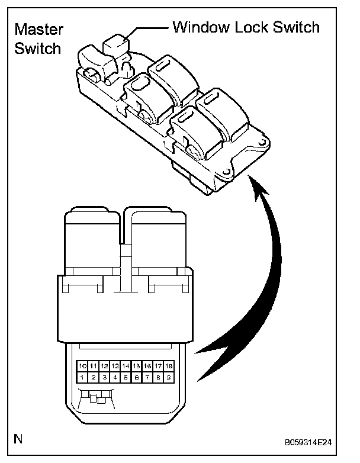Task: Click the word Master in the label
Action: [x=38, y=30]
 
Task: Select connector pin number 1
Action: [x=82, y=377]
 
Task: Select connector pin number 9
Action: [x=169, y=377]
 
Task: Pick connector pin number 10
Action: [x=82, y=366]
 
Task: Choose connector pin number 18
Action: [x=169, y=366]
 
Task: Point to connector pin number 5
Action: [x=126, y=377]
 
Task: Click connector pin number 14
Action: [x=126, y=366]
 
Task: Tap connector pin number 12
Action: [x=104, y=366]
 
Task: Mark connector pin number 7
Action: [x=147, y=377]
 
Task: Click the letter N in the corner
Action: [x=19, y=439]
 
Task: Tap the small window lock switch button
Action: [x=115, y=45]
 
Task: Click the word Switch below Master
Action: [x=38, y=49]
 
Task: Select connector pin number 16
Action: [x=147, y=366]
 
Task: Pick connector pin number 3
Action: [x=104, y=377]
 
